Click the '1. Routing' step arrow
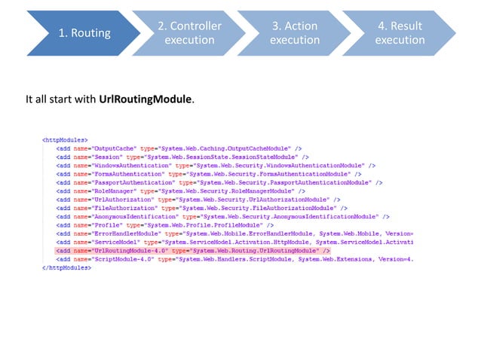coord(84,33)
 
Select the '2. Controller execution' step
coord(189,33)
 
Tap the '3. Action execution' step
coord(294,33)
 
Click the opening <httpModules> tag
coord(64,139)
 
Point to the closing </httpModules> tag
coord(66,267)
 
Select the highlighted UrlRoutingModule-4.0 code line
coord(192,249)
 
